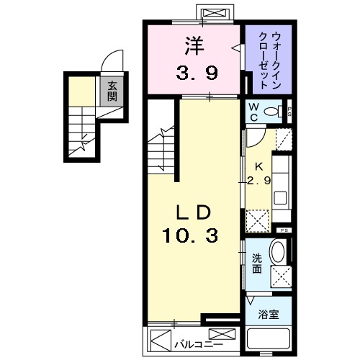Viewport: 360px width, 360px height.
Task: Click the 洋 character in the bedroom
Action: (192, 46)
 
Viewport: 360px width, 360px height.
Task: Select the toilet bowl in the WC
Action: (271, 112)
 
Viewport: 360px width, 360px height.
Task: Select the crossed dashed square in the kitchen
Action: (257, 218)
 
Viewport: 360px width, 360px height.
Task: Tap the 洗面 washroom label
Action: (257, 265)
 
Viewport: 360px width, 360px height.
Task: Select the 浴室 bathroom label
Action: (268, 313)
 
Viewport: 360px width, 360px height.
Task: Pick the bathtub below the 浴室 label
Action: (268, 341)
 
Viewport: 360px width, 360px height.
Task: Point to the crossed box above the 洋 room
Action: (213, 14)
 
